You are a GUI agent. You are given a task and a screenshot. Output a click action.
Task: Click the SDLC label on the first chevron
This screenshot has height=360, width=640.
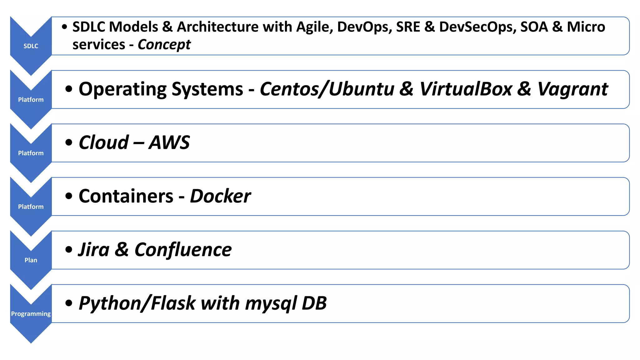click(31, 46)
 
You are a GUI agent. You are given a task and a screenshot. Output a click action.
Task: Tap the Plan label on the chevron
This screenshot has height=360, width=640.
click(31, 260)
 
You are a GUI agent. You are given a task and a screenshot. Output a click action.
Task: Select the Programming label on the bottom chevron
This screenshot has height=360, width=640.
click(31, 314)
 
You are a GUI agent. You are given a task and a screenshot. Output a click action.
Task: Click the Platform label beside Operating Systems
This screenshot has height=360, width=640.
click(31, 100)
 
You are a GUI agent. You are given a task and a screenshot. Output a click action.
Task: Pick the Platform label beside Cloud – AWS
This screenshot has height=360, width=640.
click(31, 153)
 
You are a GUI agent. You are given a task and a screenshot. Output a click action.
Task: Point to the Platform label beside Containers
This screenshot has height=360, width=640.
click(31, 207)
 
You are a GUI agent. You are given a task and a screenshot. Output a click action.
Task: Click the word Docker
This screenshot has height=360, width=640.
click(220, 196)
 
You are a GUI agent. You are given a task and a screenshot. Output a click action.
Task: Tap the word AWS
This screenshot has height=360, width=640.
click(169, 143)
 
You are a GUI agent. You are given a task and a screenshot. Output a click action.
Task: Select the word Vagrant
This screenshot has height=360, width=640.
click(572, 89)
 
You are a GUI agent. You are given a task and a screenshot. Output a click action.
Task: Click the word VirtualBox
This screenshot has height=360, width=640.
click(466, 89)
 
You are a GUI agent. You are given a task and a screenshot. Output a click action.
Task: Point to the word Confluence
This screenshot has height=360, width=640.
click(183, 250)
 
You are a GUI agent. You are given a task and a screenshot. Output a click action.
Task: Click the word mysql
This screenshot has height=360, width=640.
click(271, 304)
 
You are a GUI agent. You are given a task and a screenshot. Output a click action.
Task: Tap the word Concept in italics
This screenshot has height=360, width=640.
click(164, 45)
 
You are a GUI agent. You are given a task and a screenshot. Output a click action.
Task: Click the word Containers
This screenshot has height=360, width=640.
click(126, 196)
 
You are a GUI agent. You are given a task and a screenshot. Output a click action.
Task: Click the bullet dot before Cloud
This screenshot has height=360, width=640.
click(69, 143)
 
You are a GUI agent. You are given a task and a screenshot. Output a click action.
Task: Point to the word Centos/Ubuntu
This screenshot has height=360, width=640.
click(327, 89)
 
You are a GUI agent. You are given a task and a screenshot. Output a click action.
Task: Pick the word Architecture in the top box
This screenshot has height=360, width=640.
click(217, 27)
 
